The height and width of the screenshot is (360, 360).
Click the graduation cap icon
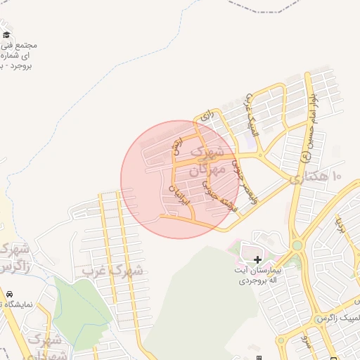tap(6, 34)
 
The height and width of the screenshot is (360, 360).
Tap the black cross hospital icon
tap(257, 259)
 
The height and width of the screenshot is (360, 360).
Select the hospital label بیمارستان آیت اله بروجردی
tap(257, 275)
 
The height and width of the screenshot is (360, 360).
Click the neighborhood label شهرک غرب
tap(112, 270)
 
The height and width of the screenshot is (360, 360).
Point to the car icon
tap(9, 293)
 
